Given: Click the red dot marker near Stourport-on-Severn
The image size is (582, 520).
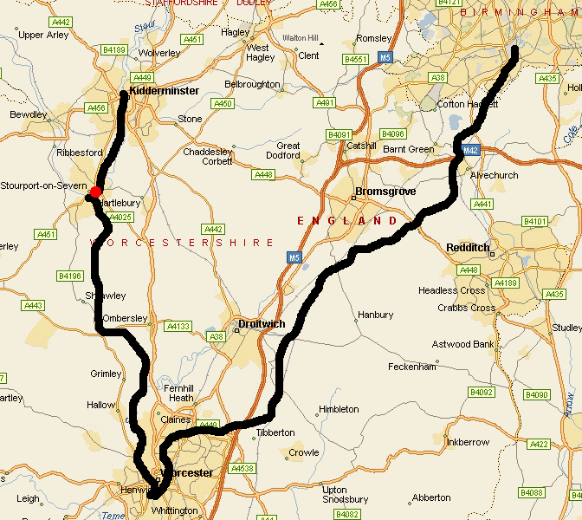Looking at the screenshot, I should point(96,192).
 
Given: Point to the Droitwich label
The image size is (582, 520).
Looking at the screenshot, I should point(261,324).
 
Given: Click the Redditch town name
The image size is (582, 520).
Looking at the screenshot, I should point(468,248).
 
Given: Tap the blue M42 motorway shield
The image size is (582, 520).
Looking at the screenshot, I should point(470,149).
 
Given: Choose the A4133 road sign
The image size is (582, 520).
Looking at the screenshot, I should point(178,327).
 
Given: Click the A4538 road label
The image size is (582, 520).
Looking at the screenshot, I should point(243,469).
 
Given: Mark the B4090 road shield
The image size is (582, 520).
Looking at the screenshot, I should point(538,394).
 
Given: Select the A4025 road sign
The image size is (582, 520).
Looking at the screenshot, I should point(120,217).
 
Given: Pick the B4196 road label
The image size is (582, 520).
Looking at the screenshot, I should point(69,276).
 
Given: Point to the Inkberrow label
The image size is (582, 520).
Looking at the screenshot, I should point(469,442).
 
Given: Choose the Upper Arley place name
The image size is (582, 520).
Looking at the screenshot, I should point(43,36).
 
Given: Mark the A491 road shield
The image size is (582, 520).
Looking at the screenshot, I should point(326,103).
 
